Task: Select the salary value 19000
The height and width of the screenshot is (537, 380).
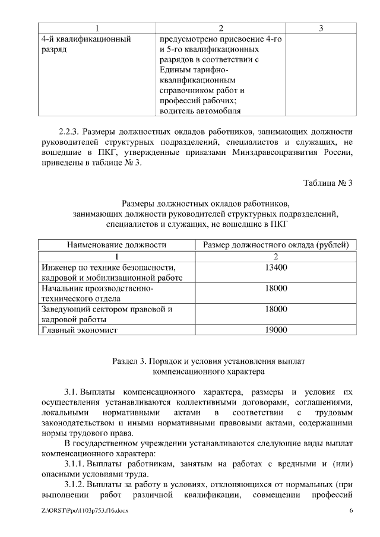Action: pyautogui.click(x=273, y=330)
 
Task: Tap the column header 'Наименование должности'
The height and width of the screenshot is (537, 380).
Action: pyautogui.click(x=116, y=244)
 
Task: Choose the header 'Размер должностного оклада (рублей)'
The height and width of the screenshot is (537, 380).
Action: pyautogui.click(x=275, y=244)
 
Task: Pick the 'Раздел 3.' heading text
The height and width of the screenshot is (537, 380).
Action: pyautogui.click(x=130, y=361)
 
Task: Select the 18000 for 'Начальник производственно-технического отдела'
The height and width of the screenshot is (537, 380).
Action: pyautogui.click(x=273, y=288)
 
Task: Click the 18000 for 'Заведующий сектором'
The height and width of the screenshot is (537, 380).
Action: pyautogui.click(x=273, y=309)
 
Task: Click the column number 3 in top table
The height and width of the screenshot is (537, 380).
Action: pyautogui.click(x=321, y=28)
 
